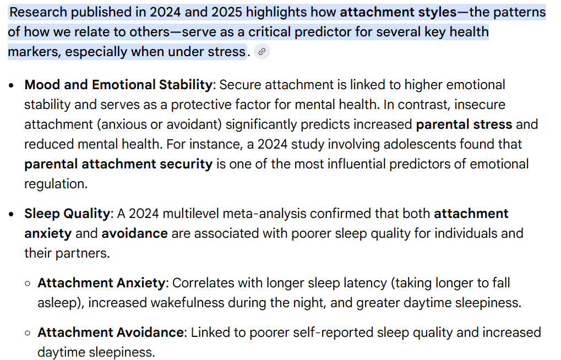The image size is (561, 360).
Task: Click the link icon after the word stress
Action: (x=262, y=52)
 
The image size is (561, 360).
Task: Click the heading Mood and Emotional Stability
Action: (x=118, y=85)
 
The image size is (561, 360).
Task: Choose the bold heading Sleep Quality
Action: (x=67, y=214)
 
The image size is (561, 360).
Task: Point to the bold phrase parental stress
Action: (x=464, y=124)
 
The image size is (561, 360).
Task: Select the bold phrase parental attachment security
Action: (x=118, y=164)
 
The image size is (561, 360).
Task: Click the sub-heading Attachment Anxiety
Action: (x=101, y=283)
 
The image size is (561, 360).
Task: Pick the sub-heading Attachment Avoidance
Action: (x=110, y=332)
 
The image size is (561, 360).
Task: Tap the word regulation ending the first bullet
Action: (x=55, y=184)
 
